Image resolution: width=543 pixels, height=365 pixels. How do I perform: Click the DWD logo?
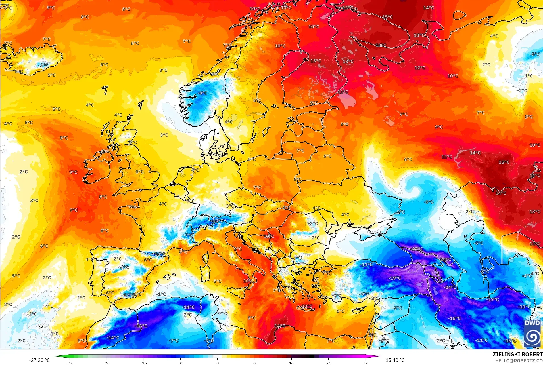coord(532,334)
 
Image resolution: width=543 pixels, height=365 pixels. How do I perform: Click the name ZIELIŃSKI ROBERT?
coord(517,355)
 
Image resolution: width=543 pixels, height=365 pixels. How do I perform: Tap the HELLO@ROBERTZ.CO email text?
coord(519,361)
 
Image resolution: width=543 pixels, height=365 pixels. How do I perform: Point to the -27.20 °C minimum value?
coord(39,360)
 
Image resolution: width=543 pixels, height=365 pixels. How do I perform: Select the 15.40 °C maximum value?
coord(395,360)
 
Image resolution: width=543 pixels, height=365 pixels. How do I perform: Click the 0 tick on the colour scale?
coord(218,363)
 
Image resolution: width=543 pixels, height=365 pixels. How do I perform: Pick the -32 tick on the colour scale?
coord(69,363)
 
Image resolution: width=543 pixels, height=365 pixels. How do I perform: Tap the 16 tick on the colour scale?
coord(291,363)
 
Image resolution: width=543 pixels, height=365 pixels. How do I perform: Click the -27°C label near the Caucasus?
coord(417,249)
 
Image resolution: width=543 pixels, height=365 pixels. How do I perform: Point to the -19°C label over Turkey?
coord(395,278)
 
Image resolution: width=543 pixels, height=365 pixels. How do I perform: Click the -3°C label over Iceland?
coord(43,65)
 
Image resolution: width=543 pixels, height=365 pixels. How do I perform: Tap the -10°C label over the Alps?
coord(218,220)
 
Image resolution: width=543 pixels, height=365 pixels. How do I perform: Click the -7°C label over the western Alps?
coord(188,235)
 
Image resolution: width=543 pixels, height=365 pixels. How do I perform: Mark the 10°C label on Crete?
coord(307,306)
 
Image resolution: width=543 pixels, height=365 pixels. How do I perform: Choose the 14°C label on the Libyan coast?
coord(280,326)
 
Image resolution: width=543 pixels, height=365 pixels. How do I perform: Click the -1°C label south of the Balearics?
coord(161,294)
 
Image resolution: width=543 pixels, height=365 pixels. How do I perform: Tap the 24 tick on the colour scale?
coord(328,363)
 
